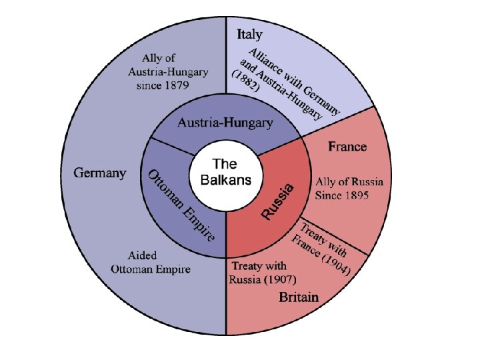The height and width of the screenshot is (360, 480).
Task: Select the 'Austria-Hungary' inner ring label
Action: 225,123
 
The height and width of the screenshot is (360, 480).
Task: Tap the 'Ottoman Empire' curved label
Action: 181,205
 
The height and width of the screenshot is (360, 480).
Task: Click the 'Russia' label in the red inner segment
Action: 277,201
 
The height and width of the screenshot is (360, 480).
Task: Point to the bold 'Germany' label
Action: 99,173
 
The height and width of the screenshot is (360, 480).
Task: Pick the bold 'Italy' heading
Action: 249,34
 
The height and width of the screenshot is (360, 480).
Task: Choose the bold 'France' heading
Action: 347,146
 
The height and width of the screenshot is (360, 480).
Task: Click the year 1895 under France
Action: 355,195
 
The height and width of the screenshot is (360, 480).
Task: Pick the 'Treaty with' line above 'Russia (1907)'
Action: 259,266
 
